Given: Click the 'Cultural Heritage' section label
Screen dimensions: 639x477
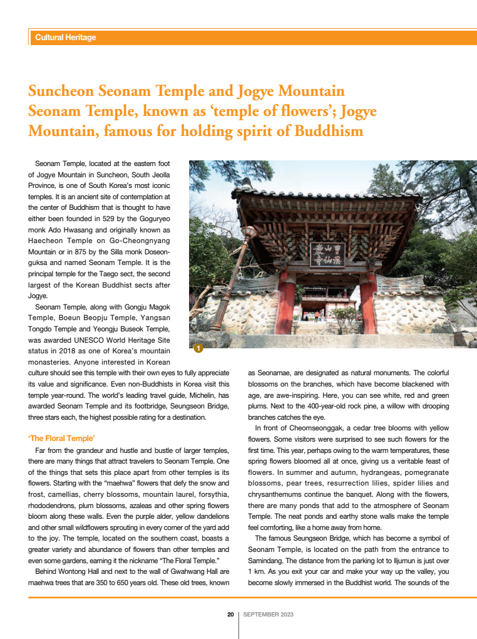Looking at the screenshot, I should (x=66, y=38).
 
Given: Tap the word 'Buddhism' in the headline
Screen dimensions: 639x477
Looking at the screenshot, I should (x=331, y=131).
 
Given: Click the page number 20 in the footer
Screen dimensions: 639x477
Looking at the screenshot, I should (x=230, y=615).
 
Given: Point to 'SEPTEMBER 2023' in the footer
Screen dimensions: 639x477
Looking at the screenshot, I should (x=268, y=615).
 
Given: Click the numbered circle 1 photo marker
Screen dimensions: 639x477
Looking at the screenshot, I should (x=197, y=348).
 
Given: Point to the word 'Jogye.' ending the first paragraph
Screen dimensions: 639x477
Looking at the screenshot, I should (x=39, y=295).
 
